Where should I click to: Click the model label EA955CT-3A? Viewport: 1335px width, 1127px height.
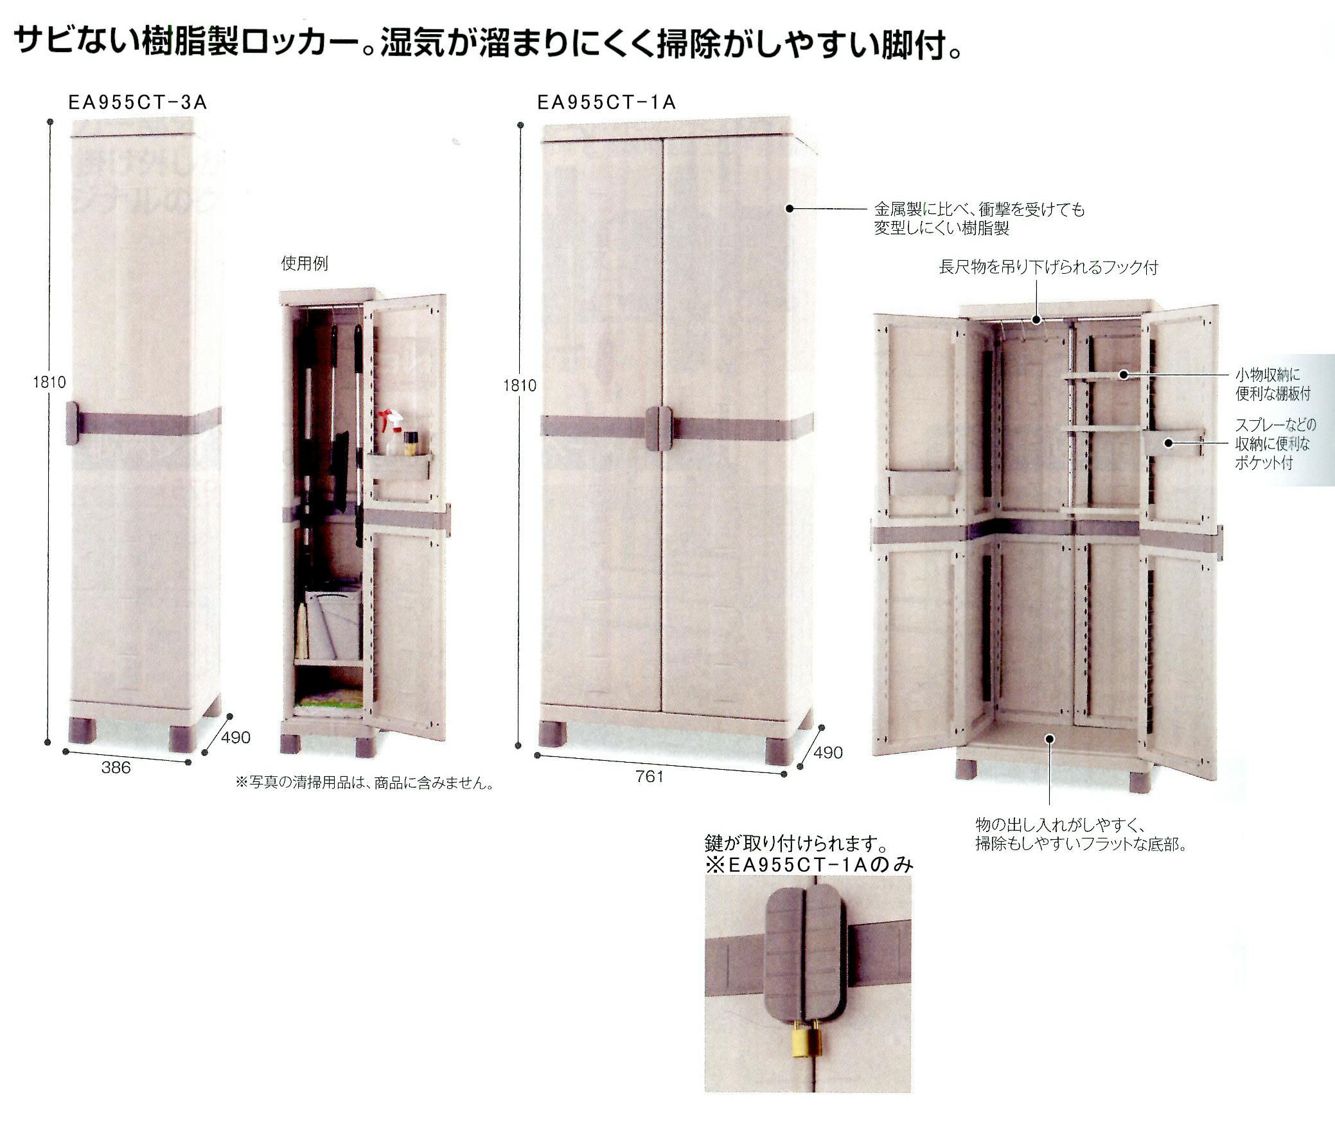(137, 103)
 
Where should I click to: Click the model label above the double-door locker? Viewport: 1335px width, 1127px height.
(606, 103)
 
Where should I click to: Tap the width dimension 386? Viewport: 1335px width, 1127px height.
(116, 767)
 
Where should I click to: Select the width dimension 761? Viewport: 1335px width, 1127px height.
(649, 776)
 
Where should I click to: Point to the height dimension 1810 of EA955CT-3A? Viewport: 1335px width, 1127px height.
(49, 382)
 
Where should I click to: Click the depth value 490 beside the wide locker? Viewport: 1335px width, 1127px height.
(827, 752)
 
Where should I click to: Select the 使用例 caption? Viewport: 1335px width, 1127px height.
(305, 263)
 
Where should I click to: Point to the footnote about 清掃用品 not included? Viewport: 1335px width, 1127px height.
(364, 783)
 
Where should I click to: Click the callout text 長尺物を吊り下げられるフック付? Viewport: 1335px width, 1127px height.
(1048, 267)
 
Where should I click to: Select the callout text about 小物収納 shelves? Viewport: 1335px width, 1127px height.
(1273, 384)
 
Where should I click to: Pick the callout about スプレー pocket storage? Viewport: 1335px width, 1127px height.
(1275, 444)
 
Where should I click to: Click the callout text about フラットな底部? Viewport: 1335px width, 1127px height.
(1081, 834)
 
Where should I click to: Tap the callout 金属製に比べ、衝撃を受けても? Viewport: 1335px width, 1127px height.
(979, 209)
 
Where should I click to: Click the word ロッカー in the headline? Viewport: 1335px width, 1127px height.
(299, 43)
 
